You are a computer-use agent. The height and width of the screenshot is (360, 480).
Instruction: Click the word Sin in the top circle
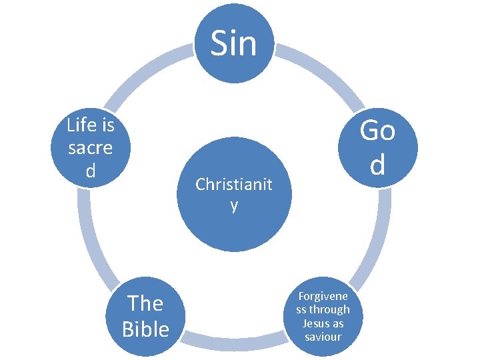pos(233,43)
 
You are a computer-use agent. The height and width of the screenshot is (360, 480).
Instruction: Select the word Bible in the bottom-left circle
pos(145,329)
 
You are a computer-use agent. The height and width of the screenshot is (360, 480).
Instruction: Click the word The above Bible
pos(145,304)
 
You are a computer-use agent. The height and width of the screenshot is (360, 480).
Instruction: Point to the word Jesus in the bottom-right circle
pos(316,323)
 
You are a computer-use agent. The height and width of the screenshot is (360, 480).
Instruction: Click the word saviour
pos(323,337)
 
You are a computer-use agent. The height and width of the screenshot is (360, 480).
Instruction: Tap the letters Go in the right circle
pos(377,131)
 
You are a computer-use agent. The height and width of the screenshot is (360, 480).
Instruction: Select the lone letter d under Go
pos(377,164)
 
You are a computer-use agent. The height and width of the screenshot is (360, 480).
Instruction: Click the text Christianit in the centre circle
pos(233,185)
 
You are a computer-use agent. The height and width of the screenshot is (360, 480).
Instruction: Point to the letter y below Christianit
pos(233,205)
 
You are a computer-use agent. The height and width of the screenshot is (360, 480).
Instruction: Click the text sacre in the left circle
pos(91,148)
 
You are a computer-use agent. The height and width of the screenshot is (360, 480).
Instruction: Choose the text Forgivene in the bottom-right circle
pos(323,297)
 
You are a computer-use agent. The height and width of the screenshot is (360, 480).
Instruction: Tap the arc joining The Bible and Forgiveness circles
pos(233,343)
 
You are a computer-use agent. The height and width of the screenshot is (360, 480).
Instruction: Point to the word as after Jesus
pos(337,323)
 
